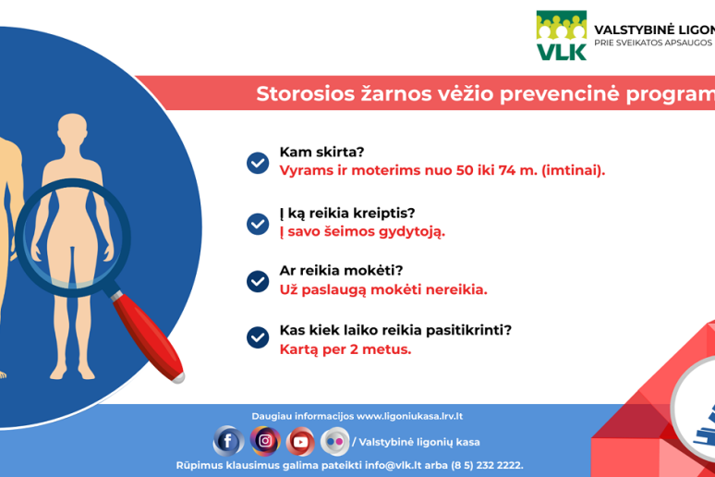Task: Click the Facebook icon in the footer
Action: coord(228,441)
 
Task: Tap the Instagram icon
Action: coord(265,441)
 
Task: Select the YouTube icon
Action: coord(300,441)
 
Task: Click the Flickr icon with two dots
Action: coord(335,441)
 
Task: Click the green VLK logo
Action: coord(562,36)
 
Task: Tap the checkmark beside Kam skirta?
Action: coord(258,163)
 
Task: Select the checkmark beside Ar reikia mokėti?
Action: coord(258,281)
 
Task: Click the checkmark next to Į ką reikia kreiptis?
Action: coord(258,224)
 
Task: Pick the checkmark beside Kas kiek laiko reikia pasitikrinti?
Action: coord(258,337)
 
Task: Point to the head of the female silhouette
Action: coord(72,129)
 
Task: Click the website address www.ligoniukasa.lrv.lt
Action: coord(409,416)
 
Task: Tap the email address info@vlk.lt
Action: coord(394,465)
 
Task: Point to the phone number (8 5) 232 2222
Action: coord(487,465)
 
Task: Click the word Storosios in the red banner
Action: coord(306,94)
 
